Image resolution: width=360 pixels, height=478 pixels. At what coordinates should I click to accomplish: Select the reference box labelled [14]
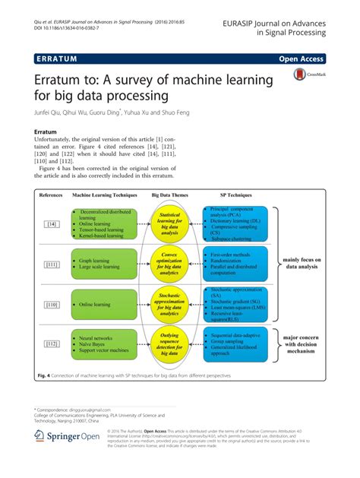51,223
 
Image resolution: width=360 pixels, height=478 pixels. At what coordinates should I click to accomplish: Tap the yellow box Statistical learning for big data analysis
174,223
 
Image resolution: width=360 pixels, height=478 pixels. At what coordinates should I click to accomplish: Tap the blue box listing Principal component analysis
242,223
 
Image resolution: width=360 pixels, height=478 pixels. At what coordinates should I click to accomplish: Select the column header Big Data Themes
174,195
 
